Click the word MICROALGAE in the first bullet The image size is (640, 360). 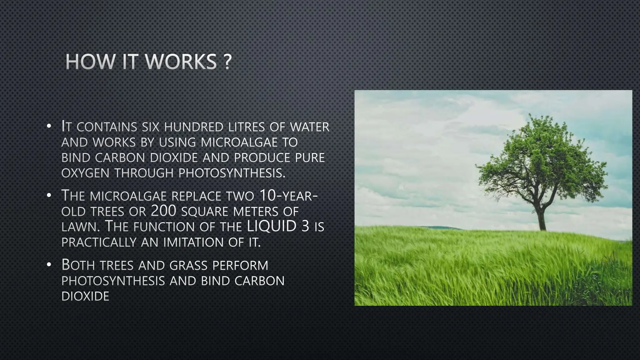click(x=239, y=142)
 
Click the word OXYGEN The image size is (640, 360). click(x=85, y=173)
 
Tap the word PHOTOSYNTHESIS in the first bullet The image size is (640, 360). click(x=232, y=173)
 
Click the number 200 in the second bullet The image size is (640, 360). click(x=164, y=211)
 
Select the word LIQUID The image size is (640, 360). click(x=271, y=226)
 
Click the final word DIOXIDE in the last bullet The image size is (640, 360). click(x=85, y=296)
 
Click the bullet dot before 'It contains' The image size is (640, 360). click(x=48, y=127)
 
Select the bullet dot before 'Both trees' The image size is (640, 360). click(x=48, y=265)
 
